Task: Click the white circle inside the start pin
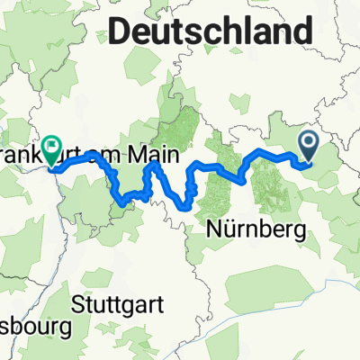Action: click(x=310, y=141)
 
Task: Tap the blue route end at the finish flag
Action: click(x=51, y=166)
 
